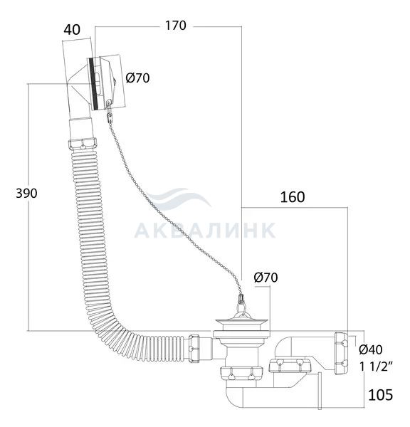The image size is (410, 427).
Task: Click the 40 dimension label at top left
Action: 72,29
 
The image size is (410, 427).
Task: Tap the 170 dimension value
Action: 176,26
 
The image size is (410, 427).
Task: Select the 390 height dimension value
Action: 26,194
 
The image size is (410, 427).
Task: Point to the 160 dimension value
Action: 293,197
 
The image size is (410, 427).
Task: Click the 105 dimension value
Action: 380,395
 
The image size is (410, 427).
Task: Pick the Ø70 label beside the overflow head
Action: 138,78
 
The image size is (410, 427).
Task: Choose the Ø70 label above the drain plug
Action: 266,278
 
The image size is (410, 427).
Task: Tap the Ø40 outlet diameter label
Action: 371,349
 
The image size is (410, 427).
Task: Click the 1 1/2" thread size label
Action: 376,367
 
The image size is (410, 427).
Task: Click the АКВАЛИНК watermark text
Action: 205,231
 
